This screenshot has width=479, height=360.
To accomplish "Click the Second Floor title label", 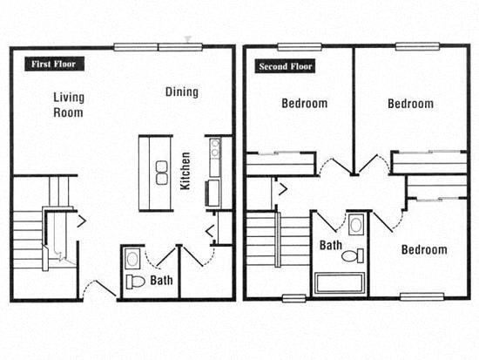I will click(x=284, y=66).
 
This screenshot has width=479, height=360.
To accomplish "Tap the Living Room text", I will click(x=67, y=105).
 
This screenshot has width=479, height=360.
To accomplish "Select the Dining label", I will click(x=181, y=92).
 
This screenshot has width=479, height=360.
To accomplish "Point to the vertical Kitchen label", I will click(x=185, y=171).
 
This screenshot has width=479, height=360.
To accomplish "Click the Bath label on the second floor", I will click(x=330, y=246).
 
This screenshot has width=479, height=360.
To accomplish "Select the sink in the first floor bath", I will click(x=132, y=258).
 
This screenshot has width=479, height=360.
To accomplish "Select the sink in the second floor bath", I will click(x=355, y=225).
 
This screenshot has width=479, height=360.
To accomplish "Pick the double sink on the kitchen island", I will click(x=162, y=172).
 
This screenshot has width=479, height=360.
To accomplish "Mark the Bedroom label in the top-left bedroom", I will click(x=304, y=104).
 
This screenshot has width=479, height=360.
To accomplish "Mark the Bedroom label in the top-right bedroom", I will click(x=410, y=104).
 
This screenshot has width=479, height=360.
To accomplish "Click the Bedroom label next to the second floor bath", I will click(x=423, y=250).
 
